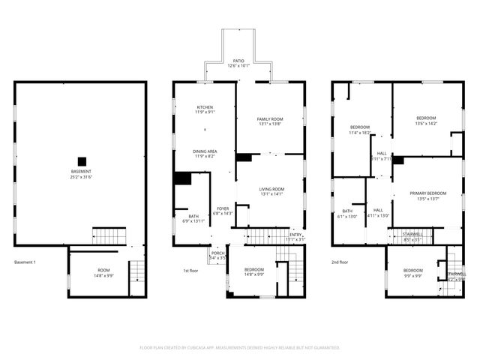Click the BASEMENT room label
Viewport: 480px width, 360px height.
coord(82,175)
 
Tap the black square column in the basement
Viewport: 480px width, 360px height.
coord(82,160)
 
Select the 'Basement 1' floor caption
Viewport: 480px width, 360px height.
coord(25,262)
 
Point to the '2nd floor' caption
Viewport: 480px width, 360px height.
coord(340,262)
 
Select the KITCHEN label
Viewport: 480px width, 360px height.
coord(205,109)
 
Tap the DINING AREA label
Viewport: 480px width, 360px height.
coord(205,154)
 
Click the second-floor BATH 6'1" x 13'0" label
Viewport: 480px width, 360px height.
coord(347,214)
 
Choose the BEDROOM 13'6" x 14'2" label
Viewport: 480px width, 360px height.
coord(426,121)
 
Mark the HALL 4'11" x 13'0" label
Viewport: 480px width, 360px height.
coord(378,212)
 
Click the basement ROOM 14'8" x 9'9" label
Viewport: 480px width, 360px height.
coord(103,272)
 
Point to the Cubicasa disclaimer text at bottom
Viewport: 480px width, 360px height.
coord(240,348)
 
